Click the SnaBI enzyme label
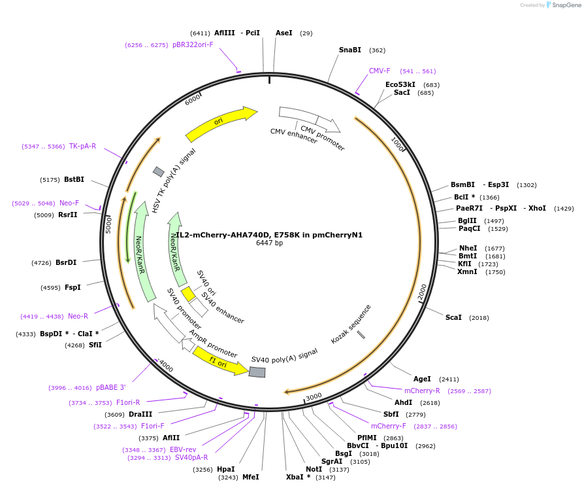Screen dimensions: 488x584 click(349, 50)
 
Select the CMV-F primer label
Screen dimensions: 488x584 click(380, 71)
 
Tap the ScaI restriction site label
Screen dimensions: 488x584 click(453, 317)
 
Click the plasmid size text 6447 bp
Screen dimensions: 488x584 click(269, 243)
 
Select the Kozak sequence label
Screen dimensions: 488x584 click(351, 324)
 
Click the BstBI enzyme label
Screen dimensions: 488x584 click(74, 179)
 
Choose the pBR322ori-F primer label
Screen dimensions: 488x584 click(193, 44)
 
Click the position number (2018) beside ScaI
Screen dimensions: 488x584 click(479, 318)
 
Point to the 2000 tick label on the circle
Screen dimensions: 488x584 click(421, 292)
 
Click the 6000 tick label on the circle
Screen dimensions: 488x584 click(193, 98)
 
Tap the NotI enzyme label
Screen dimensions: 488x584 click(314, 469)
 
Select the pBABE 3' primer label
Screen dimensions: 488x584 click(110, 387)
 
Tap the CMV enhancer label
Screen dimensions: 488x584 click(293, 136)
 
